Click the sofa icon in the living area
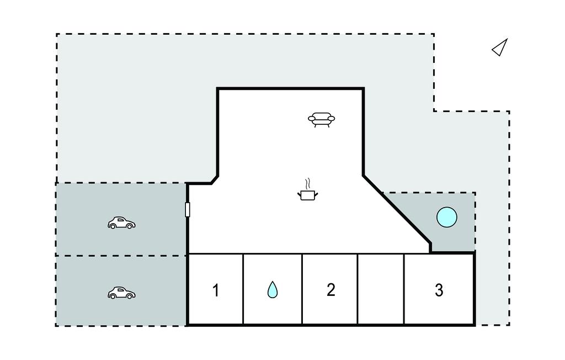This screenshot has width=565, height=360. pyautogui.click(x=322, y=119)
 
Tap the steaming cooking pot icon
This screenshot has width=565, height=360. pyautogui.click(x=307, y=194)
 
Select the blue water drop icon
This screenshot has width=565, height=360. pyautogui.click(x=273, y=289)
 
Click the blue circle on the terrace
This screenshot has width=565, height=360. pyautogui.click(x=446, y=217)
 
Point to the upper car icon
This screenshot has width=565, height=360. pyautogui.click(x=121, y=223)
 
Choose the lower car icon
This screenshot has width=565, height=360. pyautogui.click(x=121, y=293)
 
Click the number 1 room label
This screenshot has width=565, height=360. pyautogui.click(x=216, y=290)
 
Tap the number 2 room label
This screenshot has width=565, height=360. pyautogui.click(x=331, y=289)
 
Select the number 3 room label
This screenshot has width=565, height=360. pyautogui.click(x=439, y=290)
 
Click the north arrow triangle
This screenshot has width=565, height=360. pyautogui.click(x=500, y=48)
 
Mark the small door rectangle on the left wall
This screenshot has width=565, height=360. pyautogui.click(x=188, y=210)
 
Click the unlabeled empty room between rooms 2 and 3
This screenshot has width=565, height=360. pyautogui.click(x=381, y=289)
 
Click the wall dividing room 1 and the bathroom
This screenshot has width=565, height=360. pyautogui.click(x=243, y=289)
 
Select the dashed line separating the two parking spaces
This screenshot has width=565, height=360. pyautogui.click(x=121, y=256)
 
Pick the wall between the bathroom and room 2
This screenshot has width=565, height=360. pyautogui.click(x=302, y=289)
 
